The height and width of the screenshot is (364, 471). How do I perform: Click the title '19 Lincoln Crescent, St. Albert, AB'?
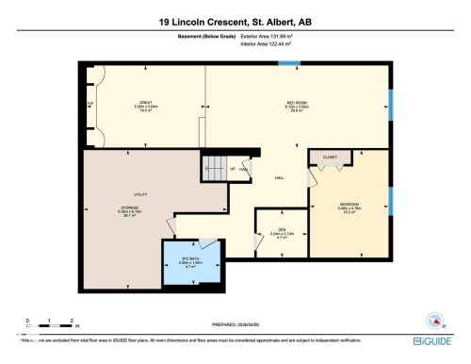point(235,22)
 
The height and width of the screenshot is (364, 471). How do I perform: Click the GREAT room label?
point(146,102)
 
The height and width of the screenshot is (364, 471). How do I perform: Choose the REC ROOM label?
point(298,102)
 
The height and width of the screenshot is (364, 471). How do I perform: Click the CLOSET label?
point(331,157)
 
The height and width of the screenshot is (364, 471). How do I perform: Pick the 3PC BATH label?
point(191,259)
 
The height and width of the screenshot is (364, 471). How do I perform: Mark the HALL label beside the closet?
point(280,176)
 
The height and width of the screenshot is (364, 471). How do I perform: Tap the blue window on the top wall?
point(288,64)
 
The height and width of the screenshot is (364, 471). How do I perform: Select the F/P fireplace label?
point(90,102)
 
